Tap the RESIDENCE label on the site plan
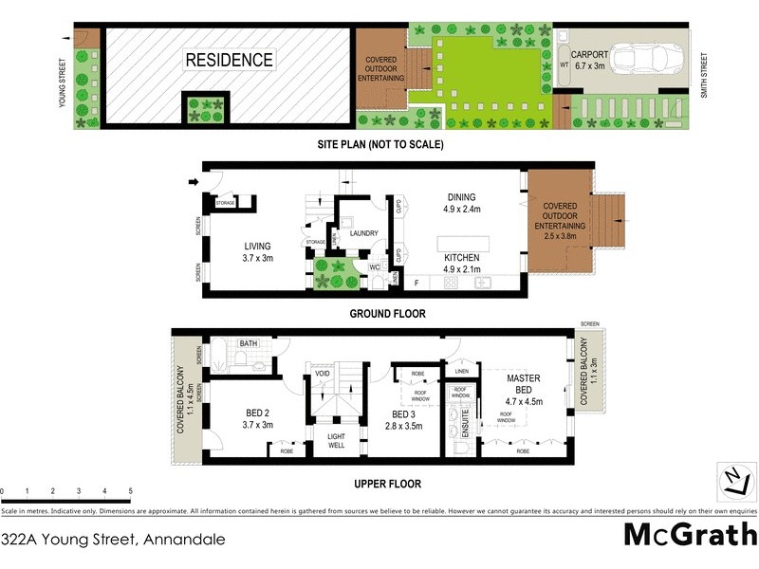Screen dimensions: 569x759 pos(229,60)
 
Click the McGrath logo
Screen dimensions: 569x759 pos(689,536)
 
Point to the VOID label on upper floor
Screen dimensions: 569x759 pos(322,375)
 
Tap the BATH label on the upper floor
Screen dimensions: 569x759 pos(249,343)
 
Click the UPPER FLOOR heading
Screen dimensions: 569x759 pos(387,483)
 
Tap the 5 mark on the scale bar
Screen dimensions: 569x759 pos(130,491)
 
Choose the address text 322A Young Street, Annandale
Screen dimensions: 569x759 pos(114,540)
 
